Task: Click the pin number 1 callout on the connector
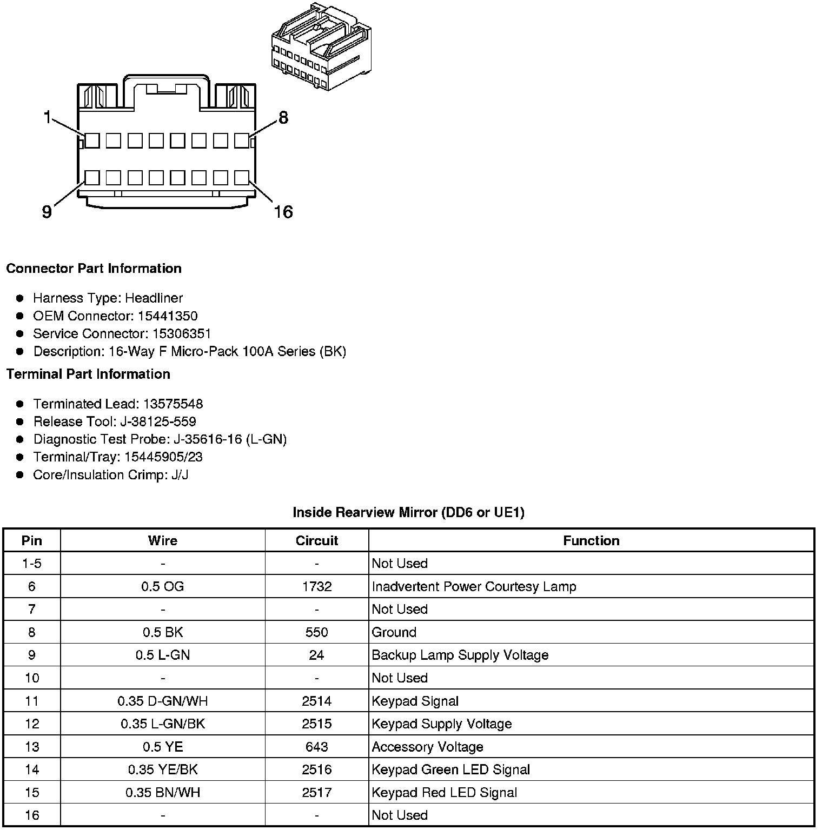coord(48,117)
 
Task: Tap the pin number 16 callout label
coord(283,212)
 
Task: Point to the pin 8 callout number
coord(283,117)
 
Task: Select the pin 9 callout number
coord(47,212)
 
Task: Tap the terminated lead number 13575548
coord(173,404)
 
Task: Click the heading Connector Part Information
coord(94,269)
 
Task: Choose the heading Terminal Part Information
coord(88,374)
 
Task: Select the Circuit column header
coord(317,541)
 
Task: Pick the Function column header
coord(591,541)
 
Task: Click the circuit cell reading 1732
coord(317,587)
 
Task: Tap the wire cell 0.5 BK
coord(163,632)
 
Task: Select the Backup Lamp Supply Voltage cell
coord(460,655)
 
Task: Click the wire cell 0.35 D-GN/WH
coord(163,701)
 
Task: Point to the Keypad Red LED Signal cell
coord(445,793)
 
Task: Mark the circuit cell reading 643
coord(317,747)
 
